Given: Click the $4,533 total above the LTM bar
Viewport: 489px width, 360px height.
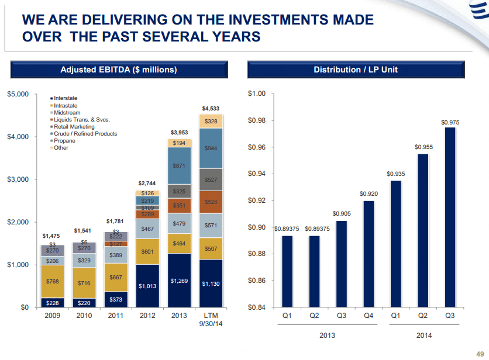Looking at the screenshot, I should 211,108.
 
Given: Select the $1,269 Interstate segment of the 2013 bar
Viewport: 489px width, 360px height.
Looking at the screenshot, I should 179,281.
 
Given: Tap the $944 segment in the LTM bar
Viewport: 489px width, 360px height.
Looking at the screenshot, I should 211,148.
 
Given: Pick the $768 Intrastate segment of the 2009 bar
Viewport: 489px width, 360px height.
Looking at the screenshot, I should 53,282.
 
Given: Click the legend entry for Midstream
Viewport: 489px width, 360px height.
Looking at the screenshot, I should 67,113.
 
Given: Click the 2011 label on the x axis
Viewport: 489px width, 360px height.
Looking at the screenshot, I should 116,316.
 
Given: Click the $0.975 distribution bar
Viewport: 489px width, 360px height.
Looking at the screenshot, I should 450,216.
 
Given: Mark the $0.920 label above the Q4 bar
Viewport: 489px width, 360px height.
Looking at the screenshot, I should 369,193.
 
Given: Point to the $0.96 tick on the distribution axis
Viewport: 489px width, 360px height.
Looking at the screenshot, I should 257,147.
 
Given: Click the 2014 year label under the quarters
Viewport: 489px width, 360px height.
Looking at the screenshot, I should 423,335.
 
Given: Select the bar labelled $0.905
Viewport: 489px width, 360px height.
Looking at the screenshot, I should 341,263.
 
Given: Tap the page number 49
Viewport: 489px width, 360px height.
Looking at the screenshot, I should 480,353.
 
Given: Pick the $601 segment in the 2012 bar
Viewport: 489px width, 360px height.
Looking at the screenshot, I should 147,252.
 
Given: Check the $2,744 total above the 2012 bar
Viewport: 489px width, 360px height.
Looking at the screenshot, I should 147,183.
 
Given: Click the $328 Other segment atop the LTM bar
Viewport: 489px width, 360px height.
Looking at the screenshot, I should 211,121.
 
